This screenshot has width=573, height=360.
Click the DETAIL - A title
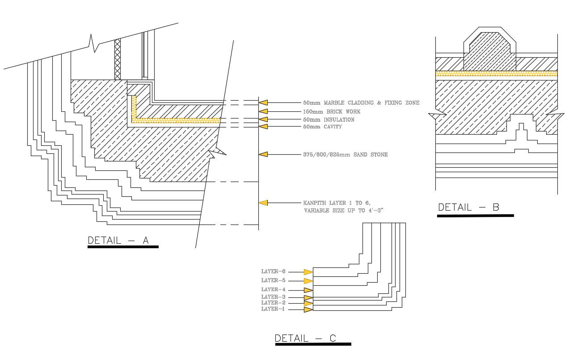[x=118, y=240]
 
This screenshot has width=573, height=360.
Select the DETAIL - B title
[x=468, y=207]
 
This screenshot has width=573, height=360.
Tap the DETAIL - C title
[x=305, y=338]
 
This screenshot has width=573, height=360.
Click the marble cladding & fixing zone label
[x=361, y=103]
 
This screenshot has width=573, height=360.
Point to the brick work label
[x=332, y=111]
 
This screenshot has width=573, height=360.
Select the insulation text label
[x=329, y=119]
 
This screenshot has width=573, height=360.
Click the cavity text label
[x=322, y=127]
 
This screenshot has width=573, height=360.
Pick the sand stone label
[x=345, y=155]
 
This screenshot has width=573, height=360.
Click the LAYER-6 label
[x=273, y=271]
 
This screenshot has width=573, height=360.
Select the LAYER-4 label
[x=273, y=290]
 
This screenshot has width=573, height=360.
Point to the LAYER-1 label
[x=273, y=309]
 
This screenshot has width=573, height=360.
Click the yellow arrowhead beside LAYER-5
[x=308, y=281]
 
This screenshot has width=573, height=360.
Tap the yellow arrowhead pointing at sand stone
[x=263, y=154]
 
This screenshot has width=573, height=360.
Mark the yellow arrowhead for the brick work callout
[x=263, y=111]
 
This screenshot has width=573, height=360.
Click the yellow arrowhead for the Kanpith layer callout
[x=263, y=203]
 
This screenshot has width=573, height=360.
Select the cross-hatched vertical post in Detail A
[x=118, y=58]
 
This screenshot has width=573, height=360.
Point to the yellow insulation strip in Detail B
[x=496, y=73]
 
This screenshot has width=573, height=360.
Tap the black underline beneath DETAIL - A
[x=123, y=246]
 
